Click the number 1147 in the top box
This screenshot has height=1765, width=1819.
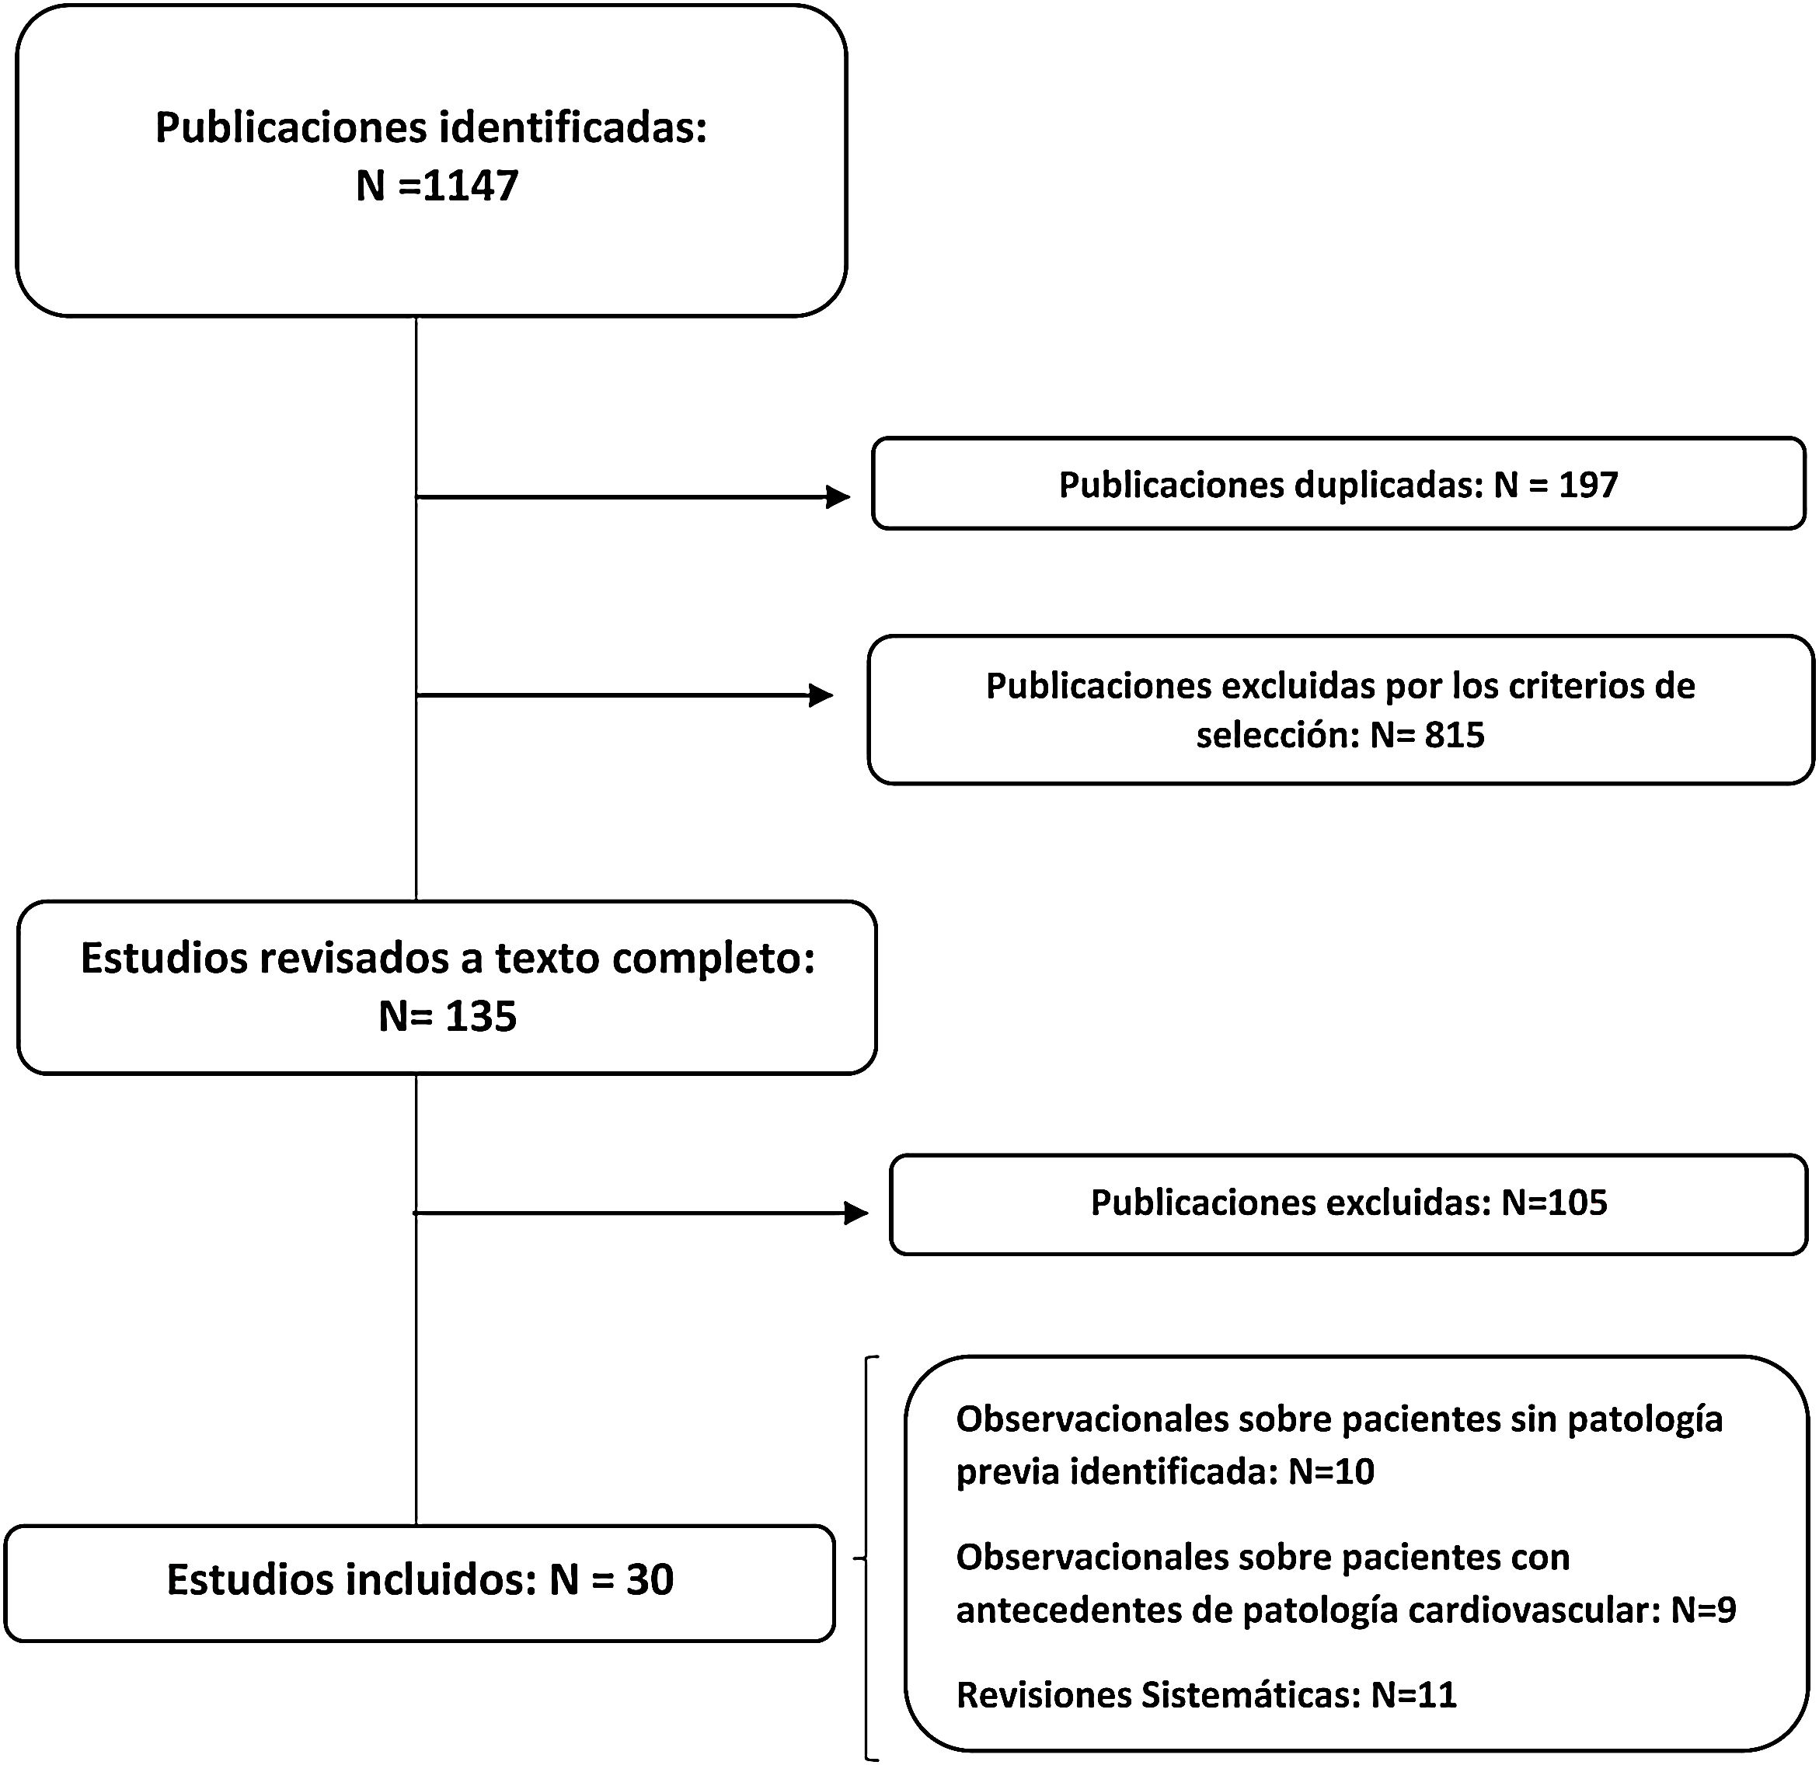point(469,186)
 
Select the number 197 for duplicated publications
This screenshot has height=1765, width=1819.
point(1588,485)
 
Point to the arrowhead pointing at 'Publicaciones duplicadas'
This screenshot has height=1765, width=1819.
point(838,497)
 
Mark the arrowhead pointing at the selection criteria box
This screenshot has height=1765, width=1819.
point(821,695)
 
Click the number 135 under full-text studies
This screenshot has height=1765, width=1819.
point(481,1016)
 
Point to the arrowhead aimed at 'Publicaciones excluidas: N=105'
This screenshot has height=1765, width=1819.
point(855,1213)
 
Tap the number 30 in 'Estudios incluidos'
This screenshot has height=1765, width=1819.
point(650,1579)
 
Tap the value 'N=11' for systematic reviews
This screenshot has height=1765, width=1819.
point(1413,1694)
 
